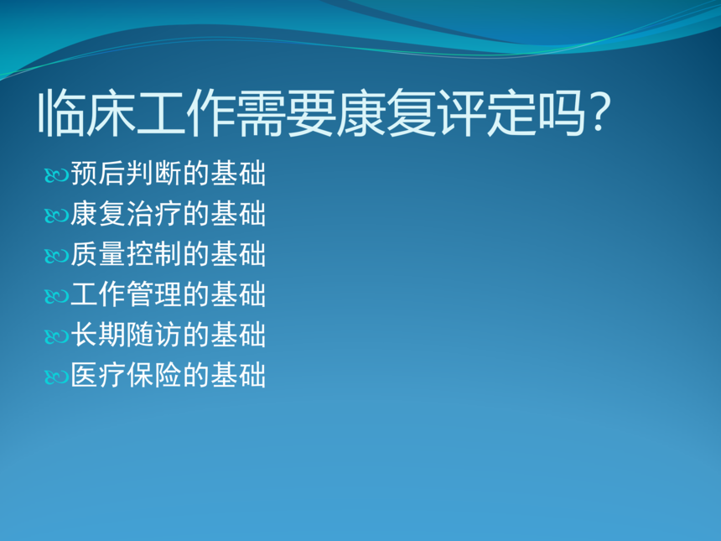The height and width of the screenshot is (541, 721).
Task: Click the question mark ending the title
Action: tap(599, 112)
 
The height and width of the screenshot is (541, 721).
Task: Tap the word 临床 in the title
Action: tap(87, 112)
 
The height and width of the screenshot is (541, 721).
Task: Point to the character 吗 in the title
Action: tap(562, 112)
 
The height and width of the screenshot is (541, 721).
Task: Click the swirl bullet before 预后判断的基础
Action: tap(56, 175)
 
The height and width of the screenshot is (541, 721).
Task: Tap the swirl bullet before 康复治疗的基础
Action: tap(56, 216)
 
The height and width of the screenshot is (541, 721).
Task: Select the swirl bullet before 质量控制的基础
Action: tap(56, 256)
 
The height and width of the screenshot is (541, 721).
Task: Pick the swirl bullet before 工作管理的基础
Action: tap(56, 296)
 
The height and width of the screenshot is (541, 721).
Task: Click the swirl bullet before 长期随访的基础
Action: tap(56, 336)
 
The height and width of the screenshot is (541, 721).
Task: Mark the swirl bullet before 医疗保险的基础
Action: tap(56, 377)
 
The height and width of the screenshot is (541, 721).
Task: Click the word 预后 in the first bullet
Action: tap(98, 174)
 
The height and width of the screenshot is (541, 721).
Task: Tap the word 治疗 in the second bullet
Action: tap(154, 213)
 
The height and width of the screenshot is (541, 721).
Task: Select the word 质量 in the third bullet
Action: tap(98, 254)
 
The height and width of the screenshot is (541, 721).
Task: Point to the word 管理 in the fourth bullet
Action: tap(154, 294)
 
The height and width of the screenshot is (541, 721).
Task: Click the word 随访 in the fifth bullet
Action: tap(154, 335)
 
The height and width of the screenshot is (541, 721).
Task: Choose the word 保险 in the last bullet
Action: tap(154, 375)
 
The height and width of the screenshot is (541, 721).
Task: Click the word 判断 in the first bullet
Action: tap(154, 174)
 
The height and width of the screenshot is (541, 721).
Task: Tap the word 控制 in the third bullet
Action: tap(154, 254)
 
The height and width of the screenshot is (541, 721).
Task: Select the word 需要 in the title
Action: tap(287, 112)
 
